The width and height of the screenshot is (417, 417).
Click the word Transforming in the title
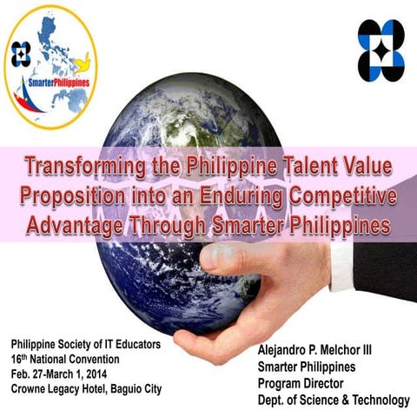tap(83, 165)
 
